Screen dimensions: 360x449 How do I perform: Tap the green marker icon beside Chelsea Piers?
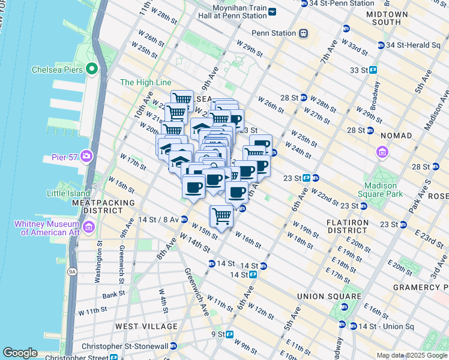coord(92,68)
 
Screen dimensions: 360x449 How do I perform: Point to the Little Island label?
coord(68,193)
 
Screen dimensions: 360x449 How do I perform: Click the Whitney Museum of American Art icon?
coord(89,227)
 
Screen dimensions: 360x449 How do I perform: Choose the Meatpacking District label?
coord(103,207)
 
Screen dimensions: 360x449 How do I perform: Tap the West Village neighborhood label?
coord(146,326)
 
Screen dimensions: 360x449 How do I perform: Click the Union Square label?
coord(329,296)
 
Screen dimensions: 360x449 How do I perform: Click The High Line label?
coord(146,82)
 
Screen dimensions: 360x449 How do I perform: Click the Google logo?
coord(20,353)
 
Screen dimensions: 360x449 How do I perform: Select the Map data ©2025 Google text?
coord(411,355)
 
